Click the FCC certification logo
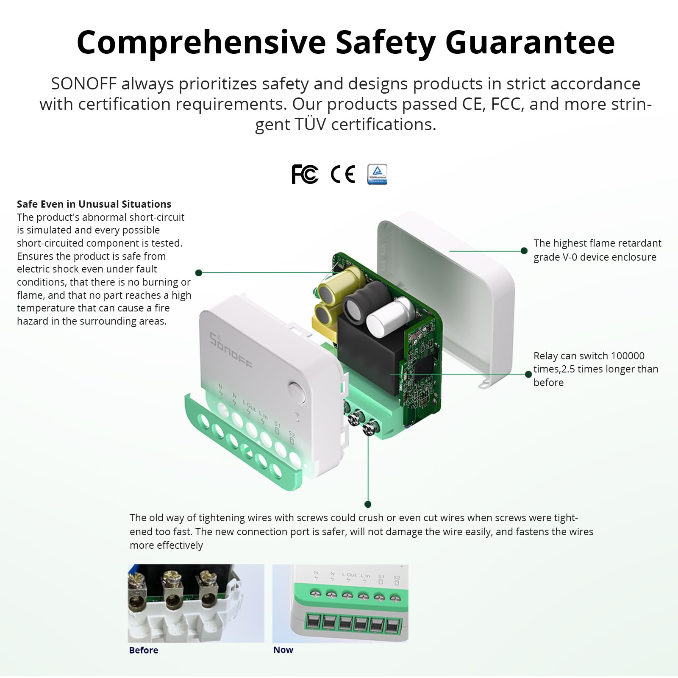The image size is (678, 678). point(305,174)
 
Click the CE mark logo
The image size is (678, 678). point(342,174)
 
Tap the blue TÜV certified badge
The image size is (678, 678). point(377,174)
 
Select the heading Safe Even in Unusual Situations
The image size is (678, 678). point(94,204)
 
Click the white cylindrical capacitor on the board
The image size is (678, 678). point(389,316)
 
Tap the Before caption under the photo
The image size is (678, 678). point(143,650)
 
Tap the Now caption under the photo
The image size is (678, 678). point(283,650)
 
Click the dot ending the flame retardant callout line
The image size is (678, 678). point(524,251)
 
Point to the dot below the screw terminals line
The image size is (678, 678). point(368,504)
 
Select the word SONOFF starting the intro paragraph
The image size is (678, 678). point(83,84)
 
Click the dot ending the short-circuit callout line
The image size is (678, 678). point(199,272)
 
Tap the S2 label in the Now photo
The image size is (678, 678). point(397,578)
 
